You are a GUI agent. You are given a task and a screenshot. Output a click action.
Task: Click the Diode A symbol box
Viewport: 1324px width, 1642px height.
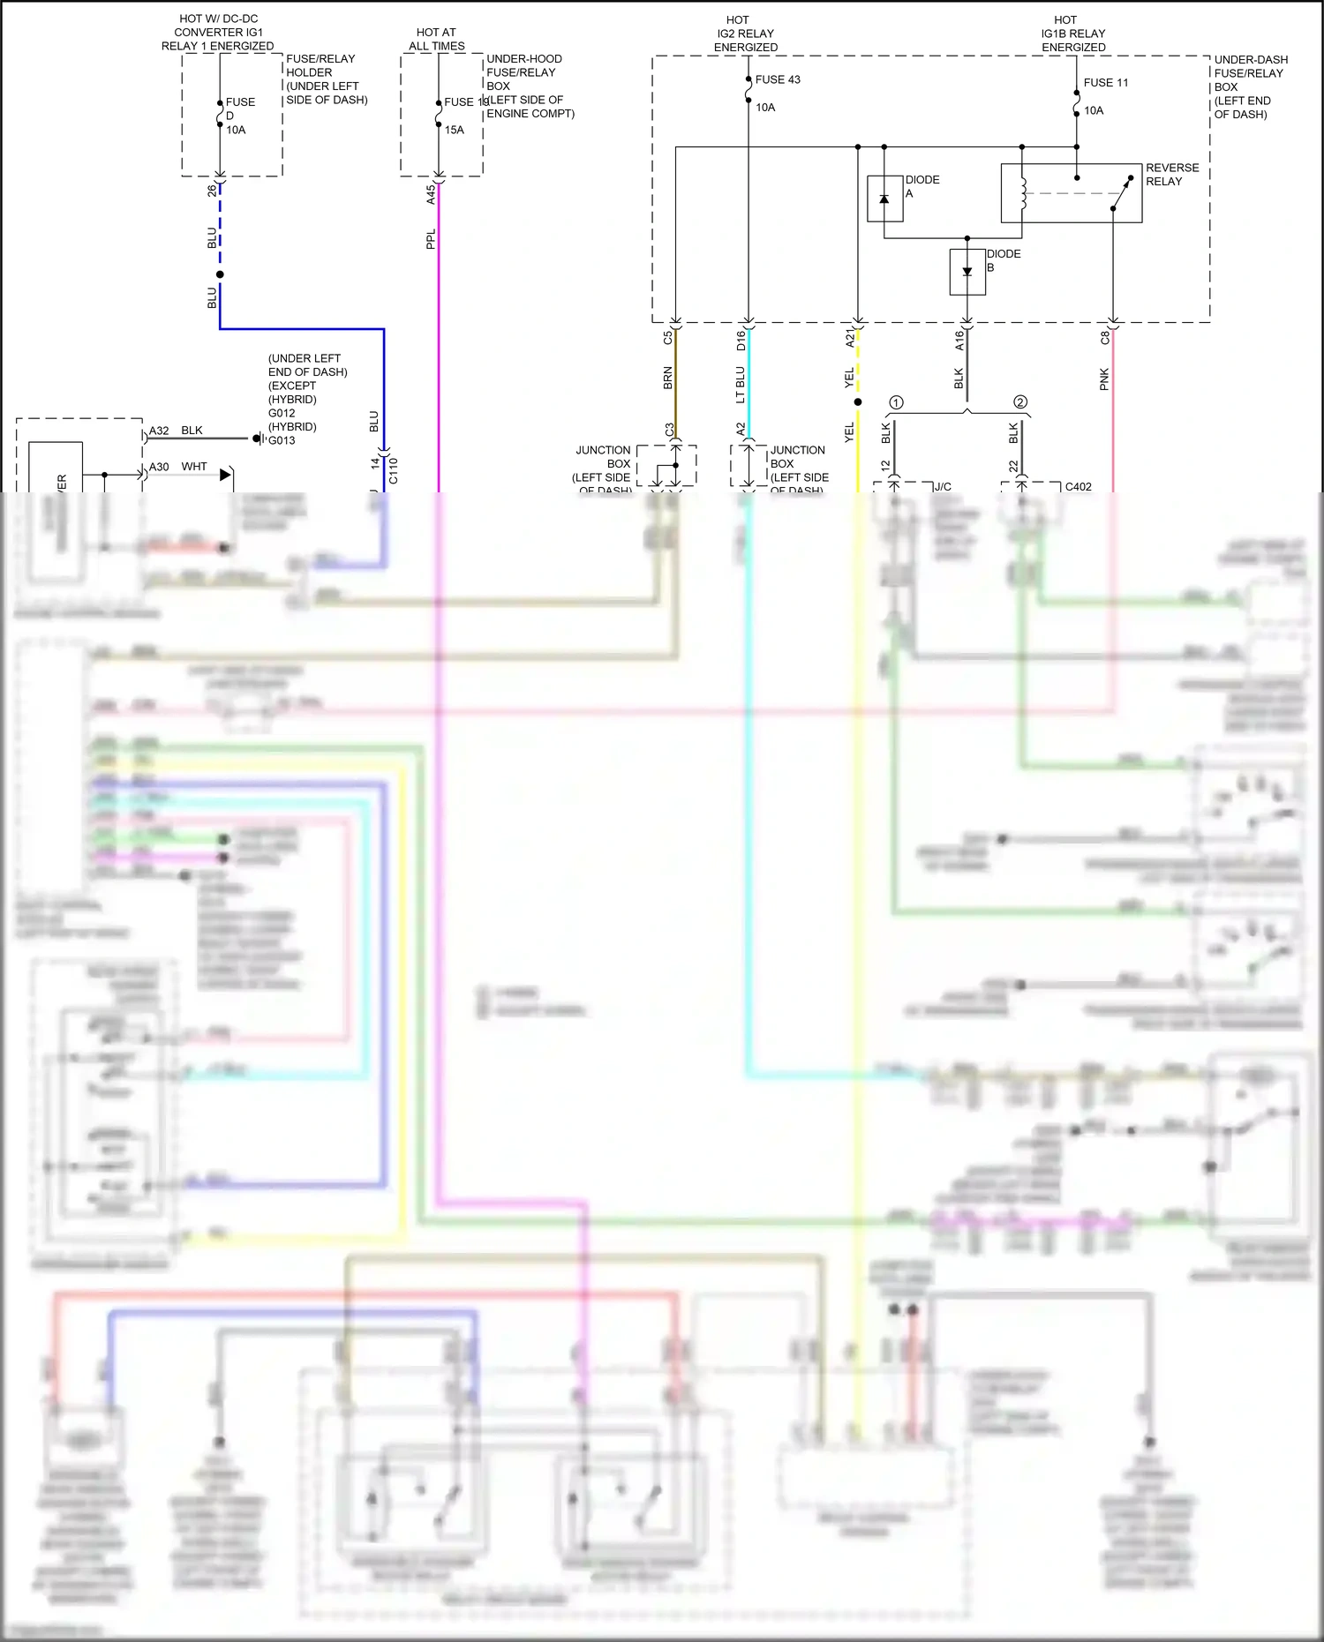click(884, 199)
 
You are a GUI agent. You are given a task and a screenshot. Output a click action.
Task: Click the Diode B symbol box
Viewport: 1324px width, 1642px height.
click(967, 272)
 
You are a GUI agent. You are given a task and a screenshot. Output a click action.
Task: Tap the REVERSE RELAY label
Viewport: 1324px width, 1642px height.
click(1171, 175)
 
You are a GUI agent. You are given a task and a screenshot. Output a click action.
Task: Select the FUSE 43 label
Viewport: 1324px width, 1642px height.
click(777, 79)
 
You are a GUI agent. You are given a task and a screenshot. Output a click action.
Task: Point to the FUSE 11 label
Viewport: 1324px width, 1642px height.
click(1105, 83)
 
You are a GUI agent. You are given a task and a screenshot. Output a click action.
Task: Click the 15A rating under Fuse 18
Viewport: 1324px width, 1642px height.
click(454, 130)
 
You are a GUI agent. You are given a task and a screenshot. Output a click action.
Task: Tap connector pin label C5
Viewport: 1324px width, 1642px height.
click(668, 337)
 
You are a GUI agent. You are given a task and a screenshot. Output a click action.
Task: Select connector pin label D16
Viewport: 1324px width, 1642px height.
click(741, 341)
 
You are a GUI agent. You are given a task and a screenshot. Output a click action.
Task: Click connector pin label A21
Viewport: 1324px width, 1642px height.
click(850, 338)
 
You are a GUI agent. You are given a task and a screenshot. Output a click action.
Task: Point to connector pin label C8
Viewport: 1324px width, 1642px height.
click(1105, 337)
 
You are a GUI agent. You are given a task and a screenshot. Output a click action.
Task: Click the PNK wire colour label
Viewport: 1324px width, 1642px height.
click(1104, 380)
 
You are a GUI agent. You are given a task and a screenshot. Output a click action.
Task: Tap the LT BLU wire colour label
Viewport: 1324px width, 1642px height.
click(741, 385)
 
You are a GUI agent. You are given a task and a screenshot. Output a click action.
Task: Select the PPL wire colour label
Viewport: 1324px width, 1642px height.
click(431, 239)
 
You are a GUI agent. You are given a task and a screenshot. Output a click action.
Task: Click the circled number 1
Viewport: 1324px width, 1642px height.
click(896, 402)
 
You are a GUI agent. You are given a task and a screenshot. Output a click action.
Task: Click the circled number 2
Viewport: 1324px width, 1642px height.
click(1020, 402)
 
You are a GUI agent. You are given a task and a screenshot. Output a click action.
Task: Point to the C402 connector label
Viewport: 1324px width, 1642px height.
click(1078, 486)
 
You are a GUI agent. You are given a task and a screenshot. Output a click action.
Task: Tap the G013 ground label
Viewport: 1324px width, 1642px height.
click(282, 440)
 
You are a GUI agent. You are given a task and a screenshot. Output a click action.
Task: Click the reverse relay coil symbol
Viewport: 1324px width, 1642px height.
click(1024, 193)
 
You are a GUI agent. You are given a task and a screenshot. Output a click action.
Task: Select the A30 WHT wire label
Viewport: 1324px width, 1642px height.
click(177, 467)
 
